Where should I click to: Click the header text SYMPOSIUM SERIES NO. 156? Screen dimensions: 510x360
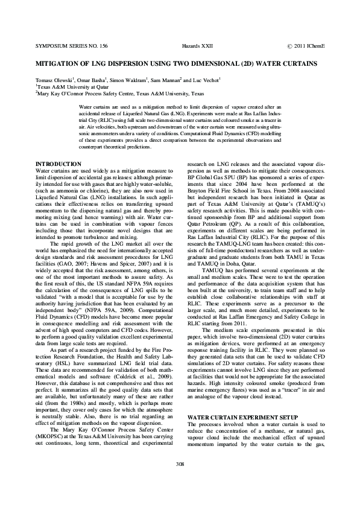tap(71, 46)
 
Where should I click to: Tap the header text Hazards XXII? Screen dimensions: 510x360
tap(195, 46)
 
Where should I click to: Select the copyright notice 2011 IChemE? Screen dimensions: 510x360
tap(306, 46)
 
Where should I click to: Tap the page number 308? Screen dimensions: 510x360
tap(180, 480)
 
